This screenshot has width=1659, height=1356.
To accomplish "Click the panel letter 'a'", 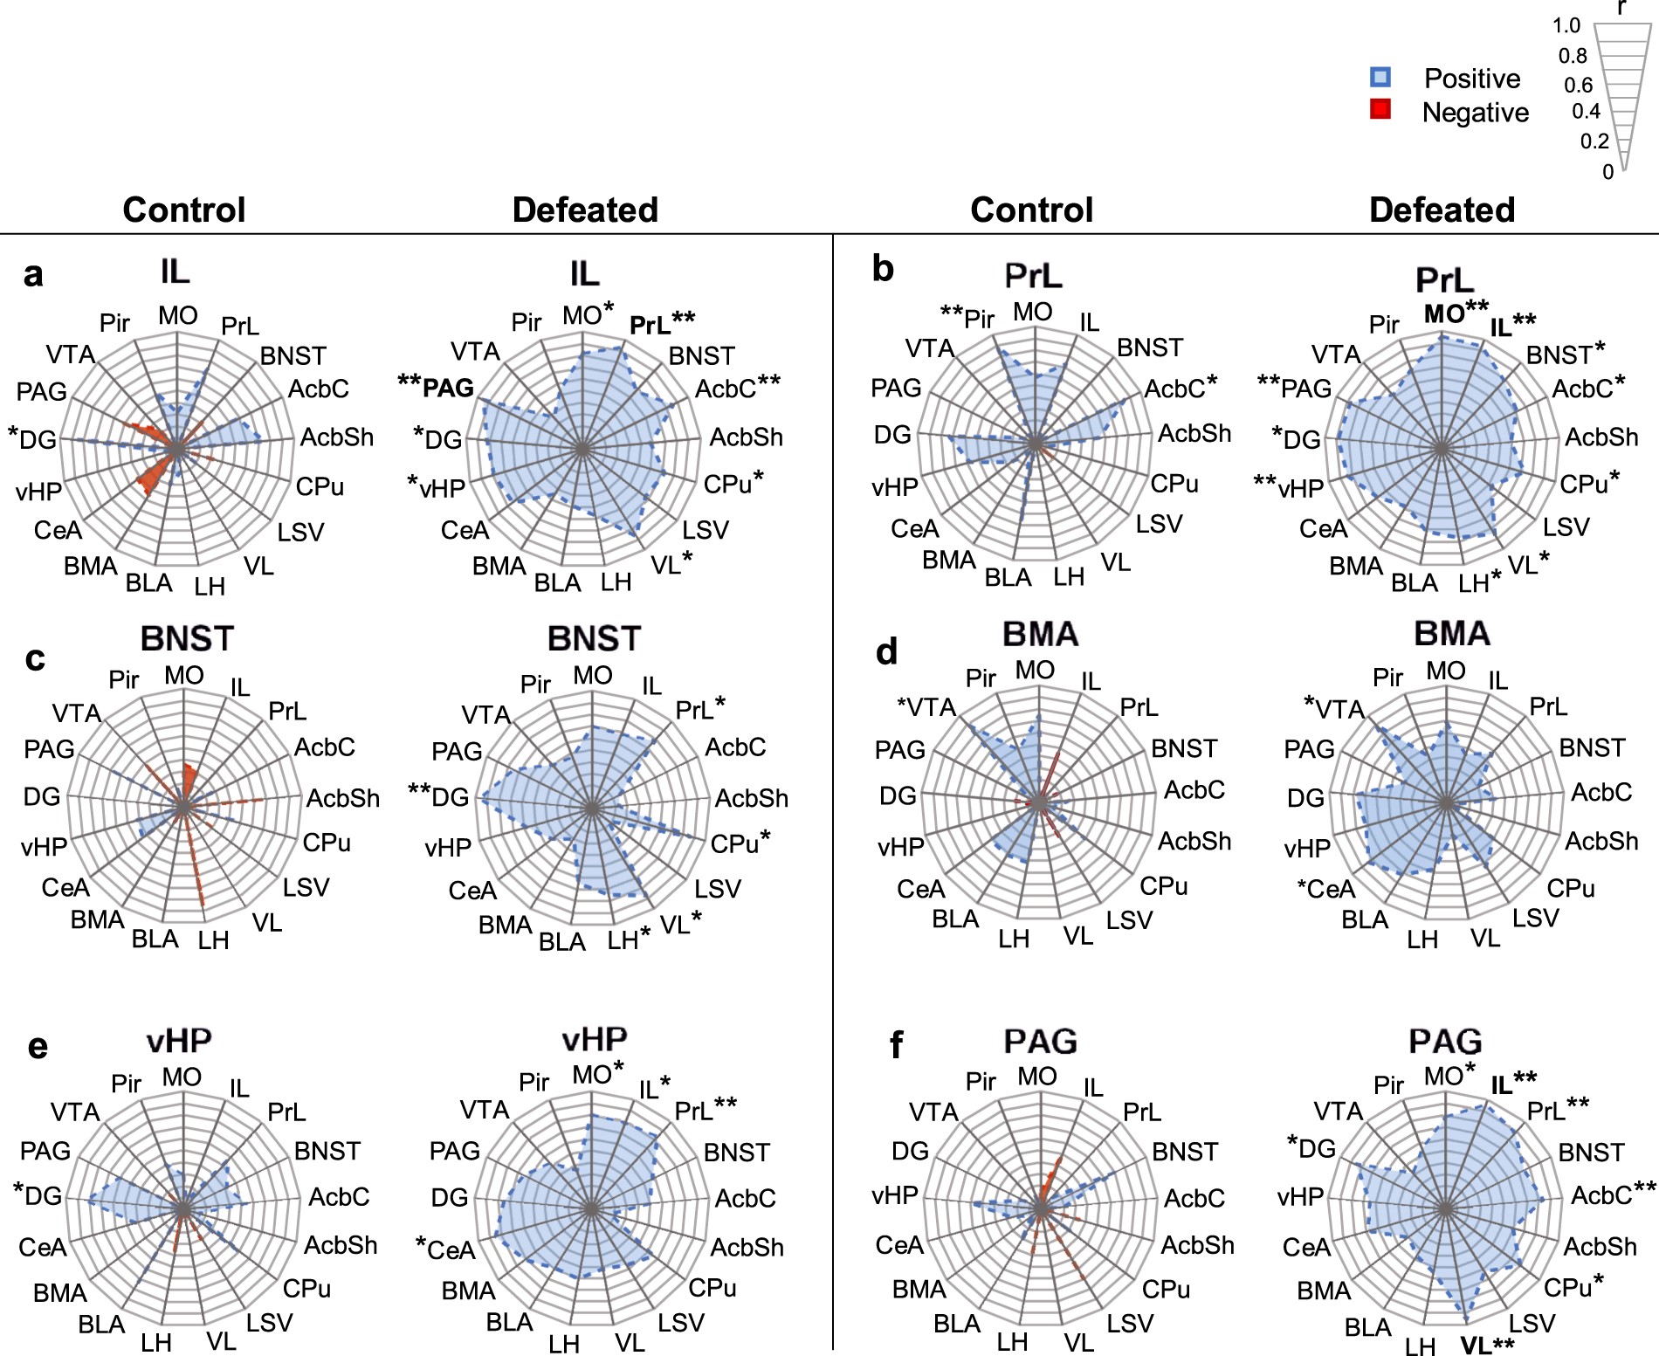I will coord(33,275).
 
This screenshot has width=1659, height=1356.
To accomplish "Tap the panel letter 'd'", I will coord(886,652).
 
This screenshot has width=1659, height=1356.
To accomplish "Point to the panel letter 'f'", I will coord(896,1045).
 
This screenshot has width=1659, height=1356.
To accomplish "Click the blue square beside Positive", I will coord(1380,78).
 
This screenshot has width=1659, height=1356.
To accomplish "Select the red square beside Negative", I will coord(1380,109).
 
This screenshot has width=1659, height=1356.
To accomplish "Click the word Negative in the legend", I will coord(1475,113).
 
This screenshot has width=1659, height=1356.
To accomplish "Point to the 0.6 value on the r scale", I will coord(1578,85).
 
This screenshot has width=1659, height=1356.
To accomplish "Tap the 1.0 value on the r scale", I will coord(1566,25).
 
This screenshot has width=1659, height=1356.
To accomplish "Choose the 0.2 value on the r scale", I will coord(1594,141).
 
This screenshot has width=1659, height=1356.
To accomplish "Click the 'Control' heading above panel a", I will coord(184,210).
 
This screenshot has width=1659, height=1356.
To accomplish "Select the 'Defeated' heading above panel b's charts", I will coord(1442,210).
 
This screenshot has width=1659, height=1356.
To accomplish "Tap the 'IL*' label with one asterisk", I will coord(654,1088).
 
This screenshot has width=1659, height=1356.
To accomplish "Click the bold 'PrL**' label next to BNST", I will coord(662,324).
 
